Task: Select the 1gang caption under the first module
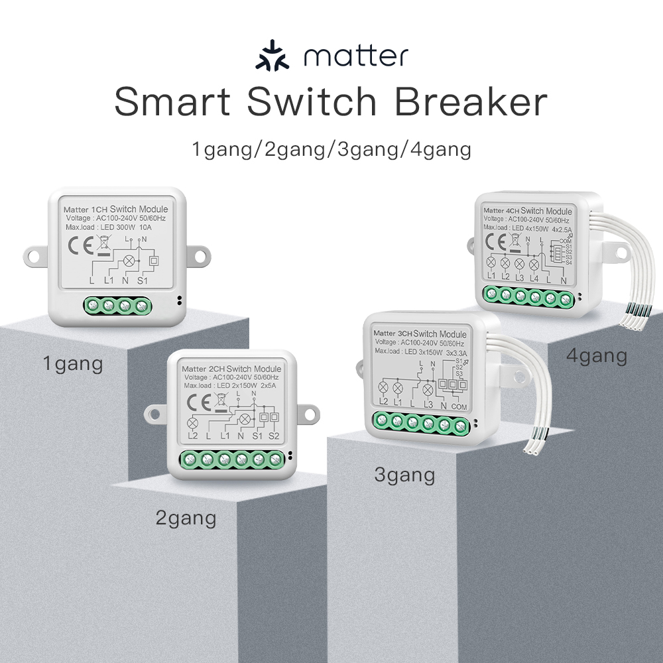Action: click(73, 363)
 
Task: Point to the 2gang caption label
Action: click(186, 517)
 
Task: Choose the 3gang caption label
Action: click(404, 475)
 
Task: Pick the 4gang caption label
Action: click(597, 356)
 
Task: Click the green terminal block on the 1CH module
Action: click(117, 306)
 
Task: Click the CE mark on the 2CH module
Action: click(197, 402)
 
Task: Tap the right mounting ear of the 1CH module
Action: click(197, 255)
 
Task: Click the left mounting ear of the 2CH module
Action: click(152, 413)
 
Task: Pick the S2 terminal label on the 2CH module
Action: click(274, 436)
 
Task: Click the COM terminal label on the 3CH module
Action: click(459, 406)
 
